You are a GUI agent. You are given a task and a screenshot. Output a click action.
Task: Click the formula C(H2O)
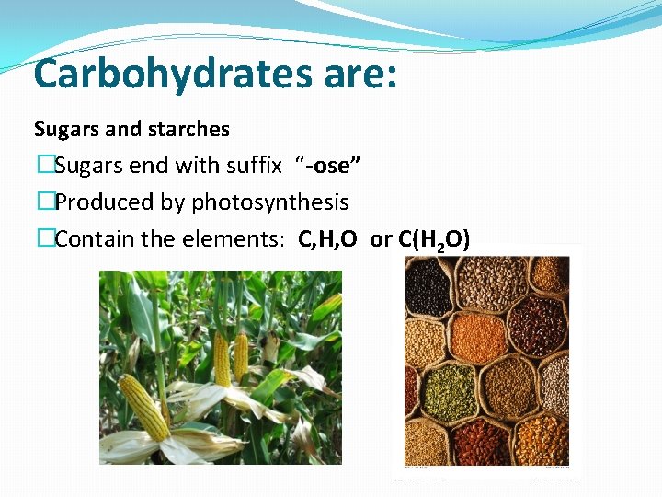coord(434,240)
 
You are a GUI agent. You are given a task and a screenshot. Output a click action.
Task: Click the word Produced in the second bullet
coord(97,202)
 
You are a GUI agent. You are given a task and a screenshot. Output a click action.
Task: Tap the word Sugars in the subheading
coord(64,129)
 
